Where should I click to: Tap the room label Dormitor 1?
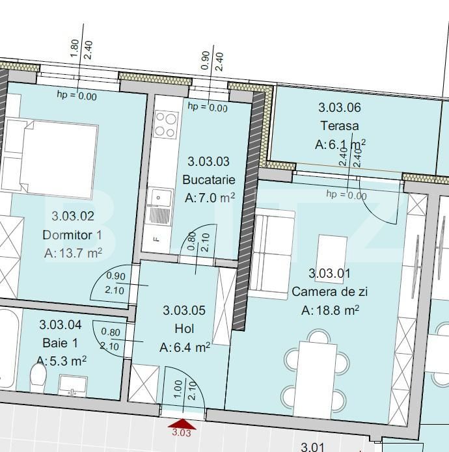[x=72, y=235]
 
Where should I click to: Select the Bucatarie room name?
[x=209, y=180]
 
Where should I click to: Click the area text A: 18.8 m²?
[x=330, y=310]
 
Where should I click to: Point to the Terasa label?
[x=340, y=126]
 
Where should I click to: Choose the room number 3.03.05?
[x=184, y=310]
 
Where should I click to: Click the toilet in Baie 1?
[x=38, y=377]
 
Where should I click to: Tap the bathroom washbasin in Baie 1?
[x=73, y=386]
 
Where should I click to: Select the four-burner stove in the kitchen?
[x=166, y=125]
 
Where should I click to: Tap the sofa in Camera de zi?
[x=271, y=254]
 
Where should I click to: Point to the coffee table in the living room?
[x=332, y=253]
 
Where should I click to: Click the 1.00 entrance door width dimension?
[x=178, y=389]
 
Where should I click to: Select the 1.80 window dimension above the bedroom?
[x=74, y=48]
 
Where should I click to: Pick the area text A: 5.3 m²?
[x=61, y=360]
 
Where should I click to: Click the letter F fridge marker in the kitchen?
[x=157, y=239]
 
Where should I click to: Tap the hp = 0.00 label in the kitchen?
[x=208, y=107]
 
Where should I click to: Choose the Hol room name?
[x=184, y=329]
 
